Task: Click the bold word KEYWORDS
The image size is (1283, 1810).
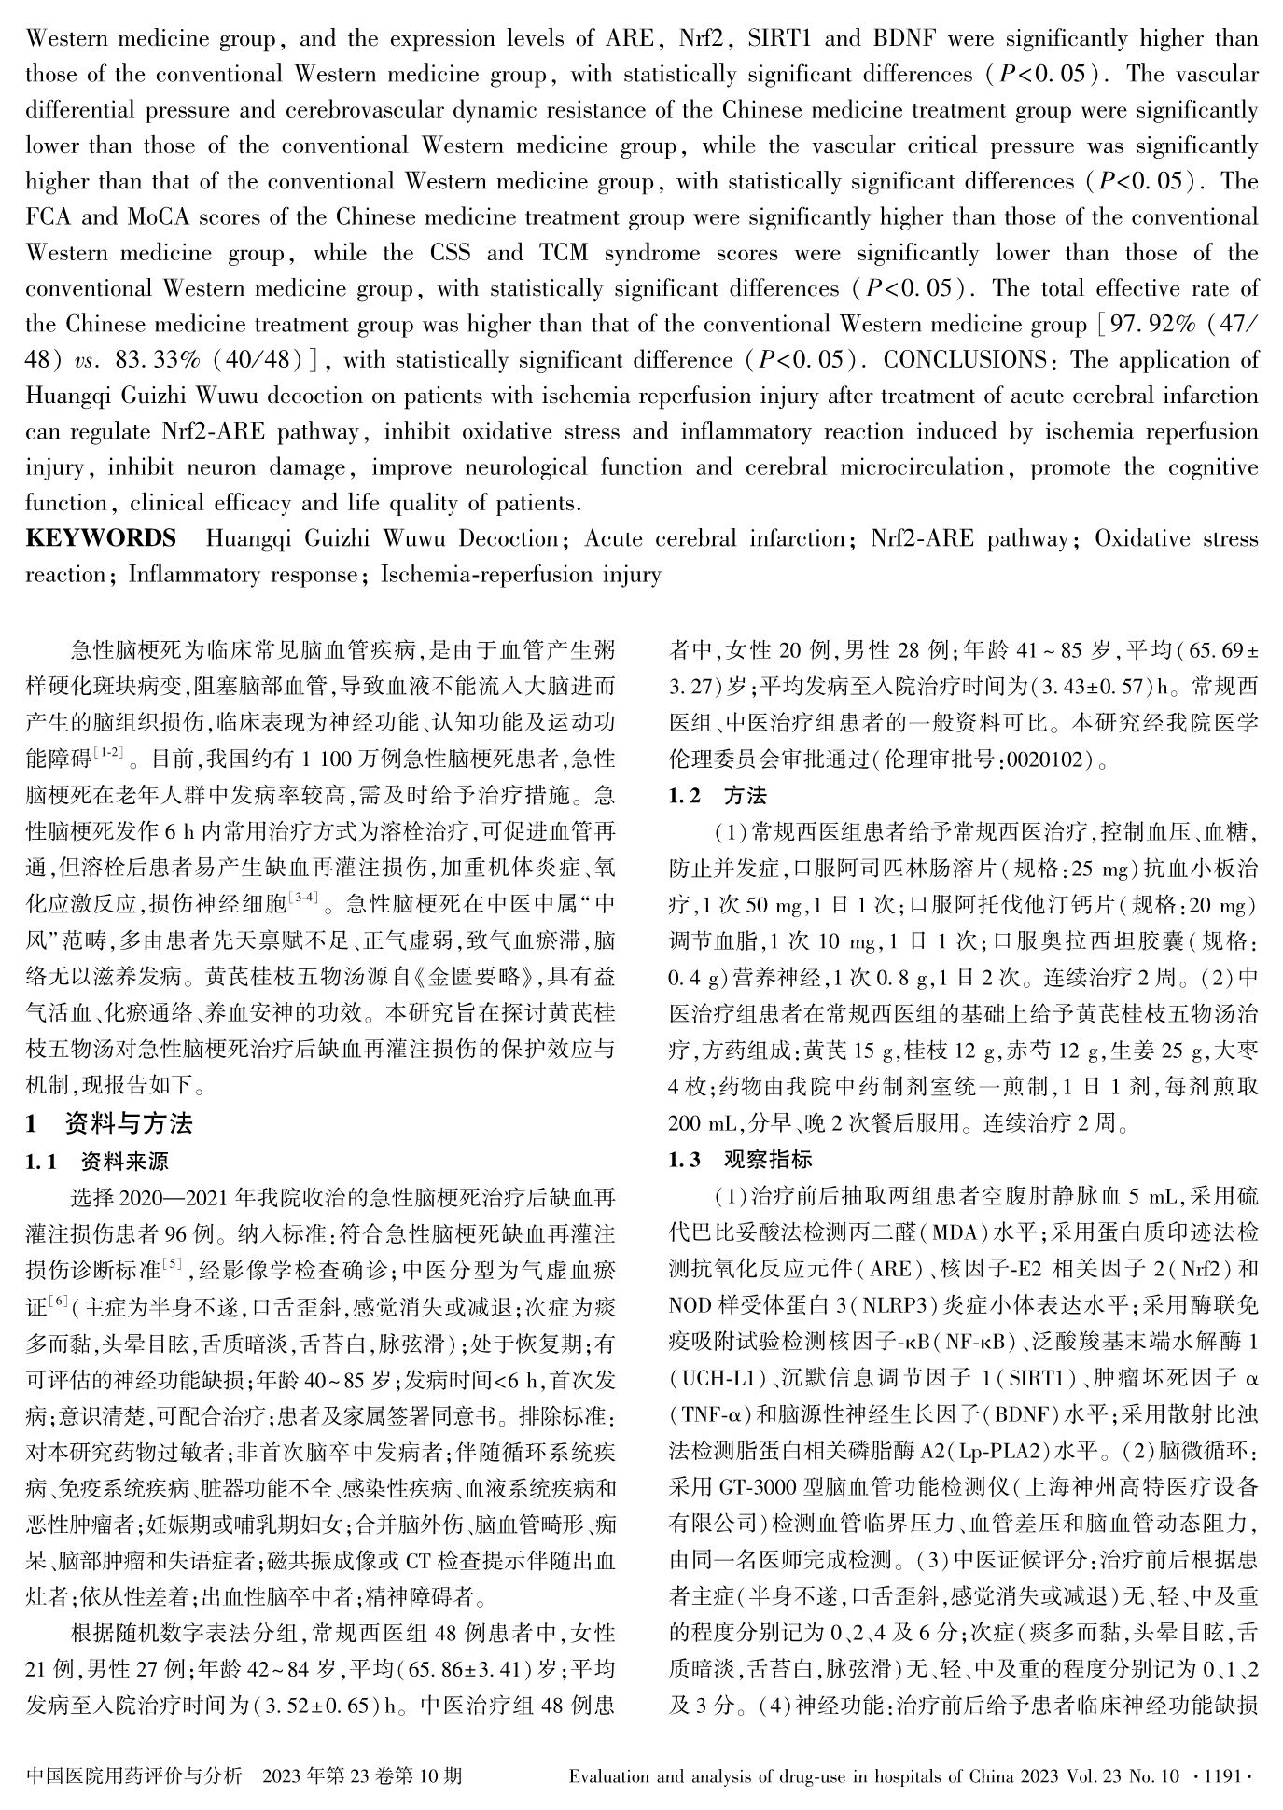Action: [101, 539]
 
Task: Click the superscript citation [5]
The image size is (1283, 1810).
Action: [173, 1264]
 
